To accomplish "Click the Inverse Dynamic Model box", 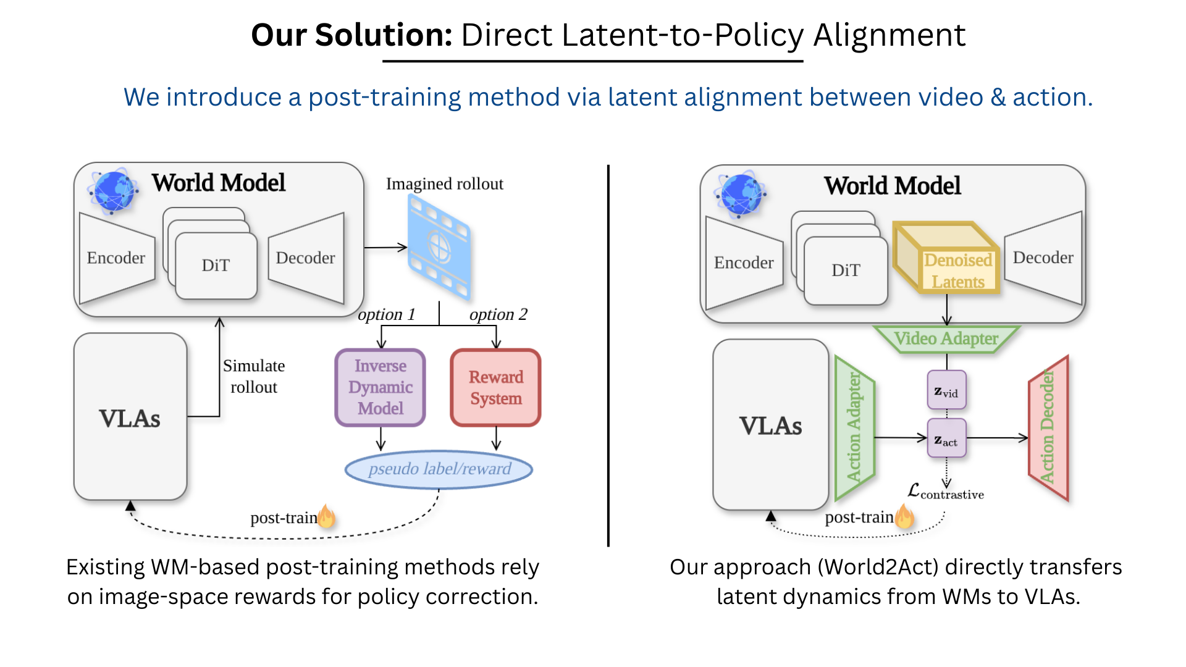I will [380, 387].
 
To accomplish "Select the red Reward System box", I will [495, 387].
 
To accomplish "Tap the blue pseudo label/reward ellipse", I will [439, 469].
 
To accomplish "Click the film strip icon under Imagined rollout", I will [439, 248].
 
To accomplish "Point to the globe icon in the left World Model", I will [113, 190].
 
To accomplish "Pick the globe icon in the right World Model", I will [740, 194].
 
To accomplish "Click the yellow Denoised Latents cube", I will [946, 258].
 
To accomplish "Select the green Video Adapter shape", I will [946, 338].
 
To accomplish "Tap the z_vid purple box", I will [946, 390].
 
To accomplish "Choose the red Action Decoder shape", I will [1048, 427].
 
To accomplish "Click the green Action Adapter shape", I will [854, 427].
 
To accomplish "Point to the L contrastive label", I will [945, 492].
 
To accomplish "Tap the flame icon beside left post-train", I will [327, 516].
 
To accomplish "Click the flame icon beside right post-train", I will [904, 515].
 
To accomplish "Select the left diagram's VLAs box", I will [130, 417].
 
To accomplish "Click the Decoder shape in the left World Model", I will [306, 258].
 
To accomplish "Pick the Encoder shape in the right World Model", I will [743, 263].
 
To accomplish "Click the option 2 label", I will [498, 314].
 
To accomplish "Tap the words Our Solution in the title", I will [351, 35].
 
